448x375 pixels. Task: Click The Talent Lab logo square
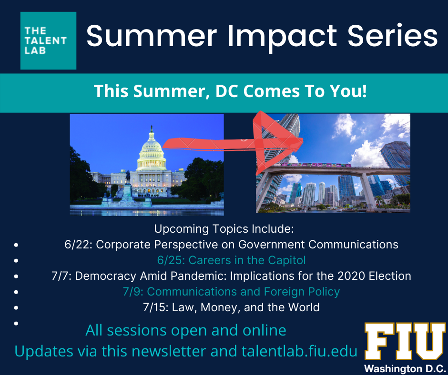pyautogui.click(x=48, y=40)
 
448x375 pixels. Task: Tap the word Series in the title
pyautogui.click(x=393, y=35)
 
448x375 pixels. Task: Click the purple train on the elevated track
pyautogui.click(x=316, y=165)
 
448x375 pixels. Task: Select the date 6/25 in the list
pyautogui.click(x=171, y=261)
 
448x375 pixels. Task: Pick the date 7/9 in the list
pyautogui.click(x=133, y=292)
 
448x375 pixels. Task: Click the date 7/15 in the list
pyautogui.click(x=156, y=307)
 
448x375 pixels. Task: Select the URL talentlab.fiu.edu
pyautogui.click(x=299, y=351)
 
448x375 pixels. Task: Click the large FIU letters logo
pyautogui.click(x=405, y=341)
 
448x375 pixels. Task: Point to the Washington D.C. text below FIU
pyautogui.click(x=405, y=368)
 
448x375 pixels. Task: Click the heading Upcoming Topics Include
pyautogui.click(x=224, y=229)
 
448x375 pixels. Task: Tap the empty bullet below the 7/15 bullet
pyautogui.click(x=16, y=323)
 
